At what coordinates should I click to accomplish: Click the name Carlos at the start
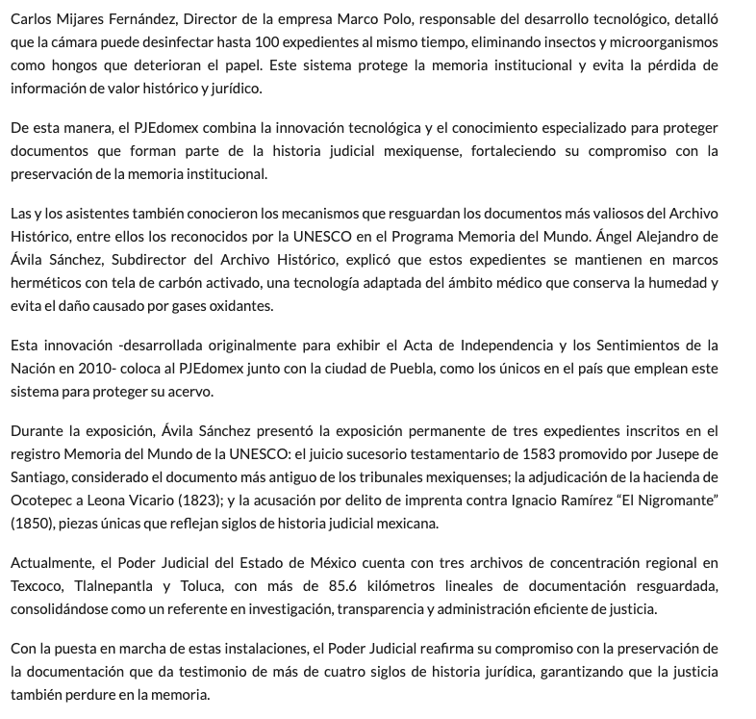[32, 19]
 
